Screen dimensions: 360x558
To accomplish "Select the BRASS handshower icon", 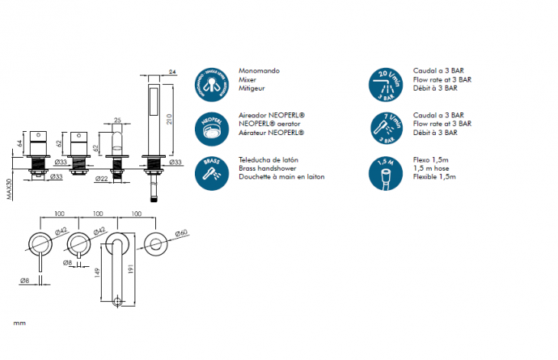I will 210,170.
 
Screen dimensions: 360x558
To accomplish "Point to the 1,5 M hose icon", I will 386,170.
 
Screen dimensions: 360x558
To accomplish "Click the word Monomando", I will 259,71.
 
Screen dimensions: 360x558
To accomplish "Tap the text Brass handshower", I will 267,168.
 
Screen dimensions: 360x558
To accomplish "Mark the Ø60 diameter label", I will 183,233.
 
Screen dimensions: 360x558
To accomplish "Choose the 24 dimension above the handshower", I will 173,72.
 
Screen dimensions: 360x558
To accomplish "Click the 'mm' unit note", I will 19,324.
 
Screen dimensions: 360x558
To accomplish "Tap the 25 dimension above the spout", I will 117,121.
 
